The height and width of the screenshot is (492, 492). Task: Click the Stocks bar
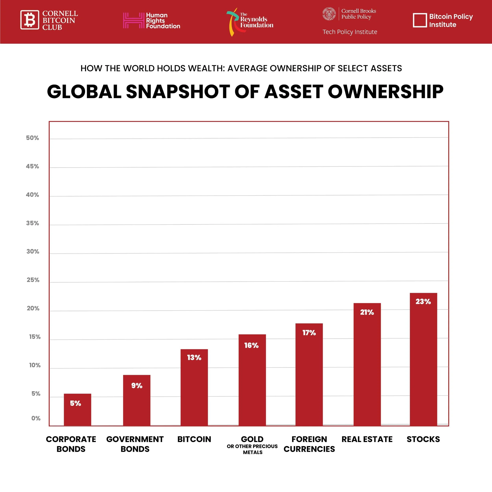click(423, 362)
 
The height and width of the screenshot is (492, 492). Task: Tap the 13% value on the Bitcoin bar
click(194, 358)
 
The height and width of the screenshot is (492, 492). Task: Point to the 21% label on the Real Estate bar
click(367, 312)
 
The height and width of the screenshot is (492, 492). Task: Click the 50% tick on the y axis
click(32, 138)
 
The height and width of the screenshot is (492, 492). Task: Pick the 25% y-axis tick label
click(33, 280)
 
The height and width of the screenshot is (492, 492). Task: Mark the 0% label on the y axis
click(36, 418)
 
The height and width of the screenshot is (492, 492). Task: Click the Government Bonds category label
click(135, 444)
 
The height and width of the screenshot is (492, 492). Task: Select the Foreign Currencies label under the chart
click(309, 444)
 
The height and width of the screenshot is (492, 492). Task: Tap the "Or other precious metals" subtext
click(252, 449)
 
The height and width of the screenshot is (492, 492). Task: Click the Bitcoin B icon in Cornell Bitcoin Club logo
click(30, 20)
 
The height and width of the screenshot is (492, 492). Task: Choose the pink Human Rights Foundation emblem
click(133, 20)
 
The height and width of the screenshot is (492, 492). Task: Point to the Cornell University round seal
click(329, 14)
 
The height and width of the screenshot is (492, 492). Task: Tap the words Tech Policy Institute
click(350, 32)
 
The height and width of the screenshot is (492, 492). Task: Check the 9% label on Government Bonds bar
click(137, 386)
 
